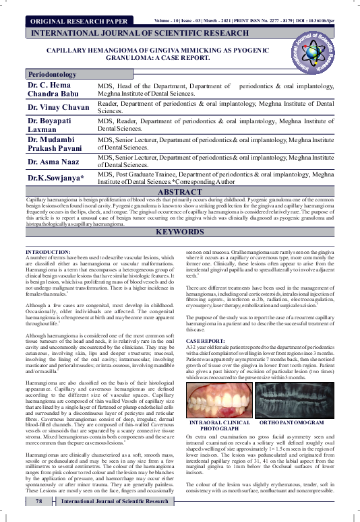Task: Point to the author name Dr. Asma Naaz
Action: pyautogui.click(x=53, y=162)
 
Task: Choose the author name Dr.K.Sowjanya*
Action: pyautogui.click(x=56, y=178)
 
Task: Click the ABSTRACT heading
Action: pyautogui.click(x=179, y=192)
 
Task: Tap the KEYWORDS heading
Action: pyautogui.click(x=179, y=232)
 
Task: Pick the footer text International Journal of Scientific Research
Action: pyautogui.click(x=115, y=501)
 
